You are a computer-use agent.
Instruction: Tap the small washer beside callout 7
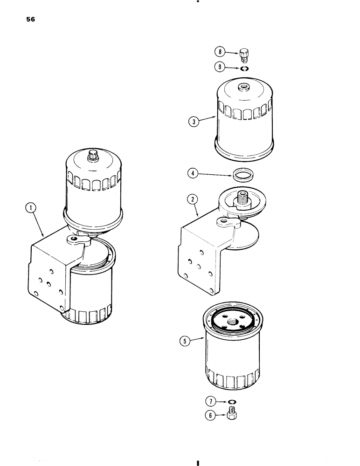[231, 402]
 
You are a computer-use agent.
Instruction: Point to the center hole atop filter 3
[243, 87]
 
